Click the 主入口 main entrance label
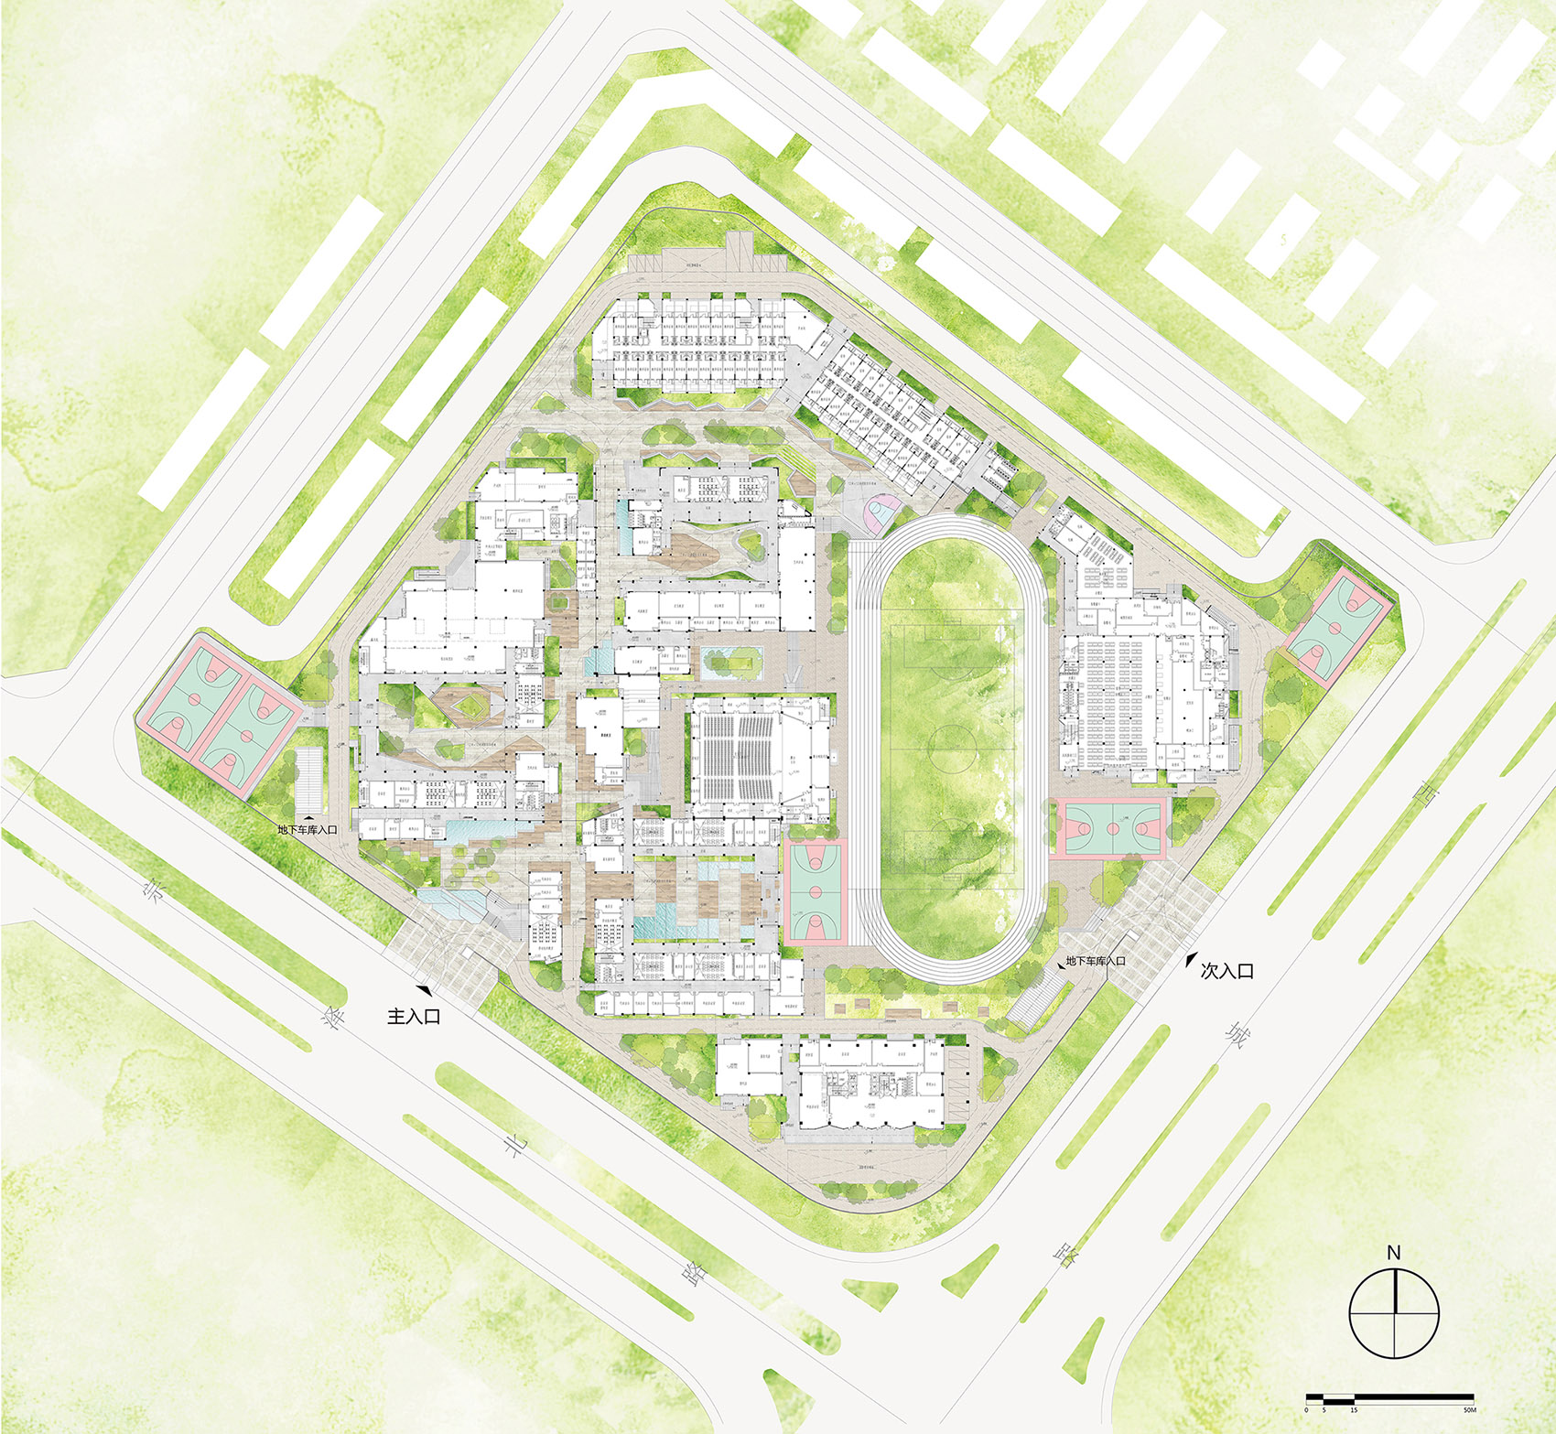[414, 1016]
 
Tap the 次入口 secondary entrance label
[1226, 971]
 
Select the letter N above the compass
[1394, 1253]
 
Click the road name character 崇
[153, 890]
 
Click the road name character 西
[1424, 795]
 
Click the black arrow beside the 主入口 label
[425, 990]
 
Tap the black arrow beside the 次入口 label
[1191, 961]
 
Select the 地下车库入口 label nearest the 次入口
[1095, 962]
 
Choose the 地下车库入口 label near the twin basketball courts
[308, 830]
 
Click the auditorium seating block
[739, 756]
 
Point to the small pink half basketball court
[881, 512]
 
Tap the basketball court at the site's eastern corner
[1339, 627]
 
